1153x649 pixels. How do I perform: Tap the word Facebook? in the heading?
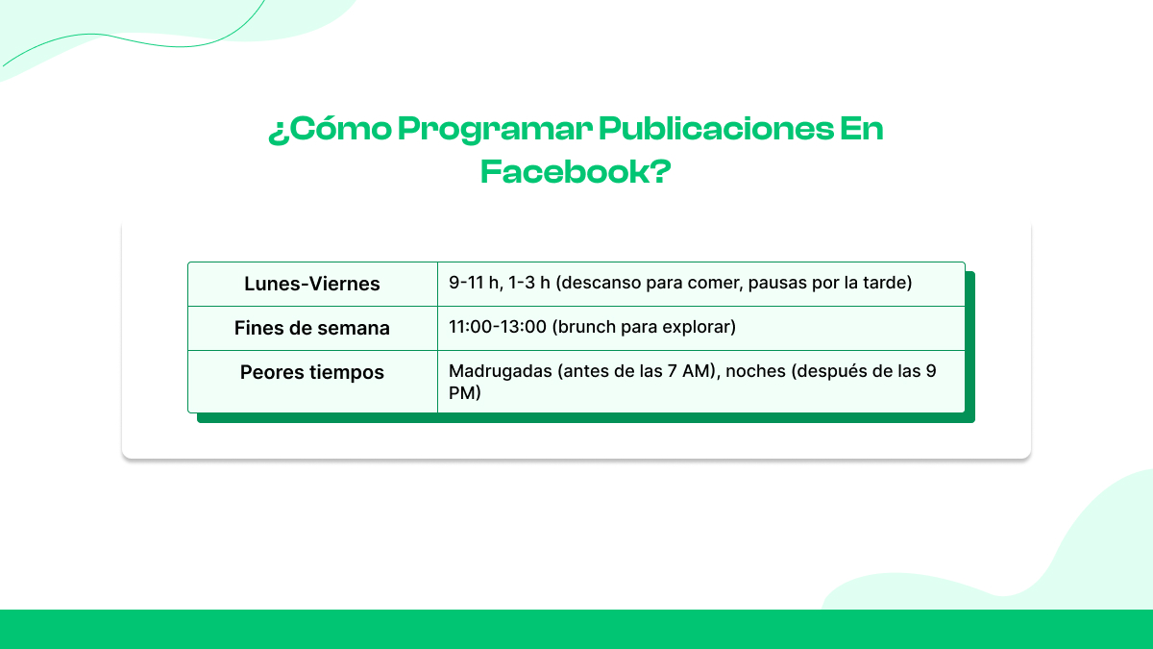pos(576,172)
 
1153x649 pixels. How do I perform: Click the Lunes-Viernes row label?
pos(312,284)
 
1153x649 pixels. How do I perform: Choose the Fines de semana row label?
pos(312,328)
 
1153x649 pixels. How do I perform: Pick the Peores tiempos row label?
pos(312,372)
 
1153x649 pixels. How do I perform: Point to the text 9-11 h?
pos(475,283)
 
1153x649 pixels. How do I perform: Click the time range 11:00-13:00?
pos(498,327)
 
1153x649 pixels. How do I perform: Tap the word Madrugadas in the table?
pos(500,371)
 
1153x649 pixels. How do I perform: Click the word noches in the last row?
pos(756,371)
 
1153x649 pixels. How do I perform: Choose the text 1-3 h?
pos(527,283)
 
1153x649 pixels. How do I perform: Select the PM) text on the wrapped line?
pos(464,393)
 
